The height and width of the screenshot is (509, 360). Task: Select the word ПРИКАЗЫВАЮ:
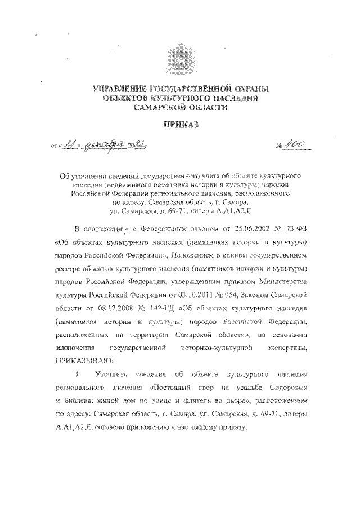84,359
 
